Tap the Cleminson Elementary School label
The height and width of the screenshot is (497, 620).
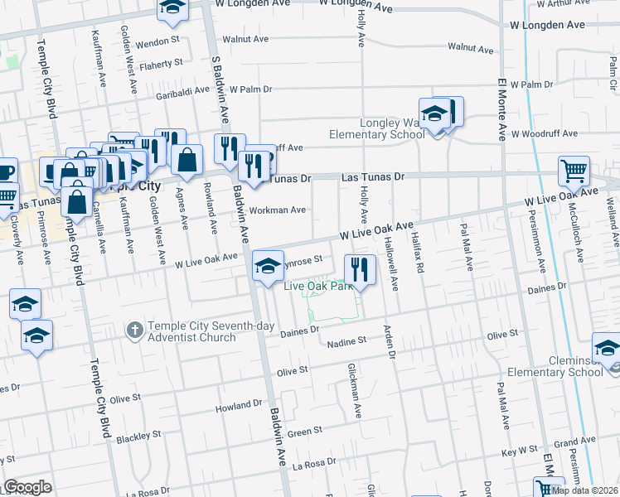[574, 366]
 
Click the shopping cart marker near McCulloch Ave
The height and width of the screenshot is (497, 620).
[574, 171]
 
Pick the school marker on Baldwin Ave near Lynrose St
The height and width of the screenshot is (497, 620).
[267, 266]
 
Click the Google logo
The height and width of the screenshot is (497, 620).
[27, 487]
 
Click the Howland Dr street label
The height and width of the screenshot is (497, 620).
[239, 406]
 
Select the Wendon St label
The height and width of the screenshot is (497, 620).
[157, 40]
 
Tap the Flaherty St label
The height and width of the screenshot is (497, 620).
[161, 64]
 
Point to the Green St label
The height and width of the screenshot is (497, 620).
[305, 432]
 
